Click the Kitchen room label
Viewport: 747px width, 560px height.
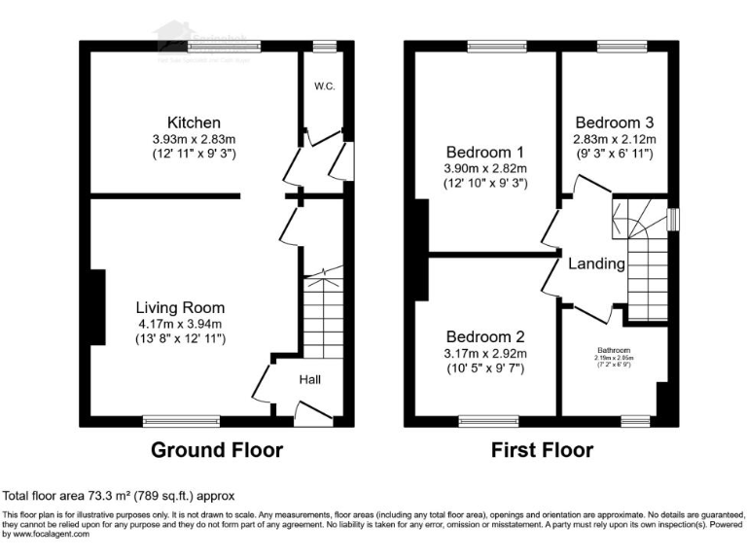pos(194,122)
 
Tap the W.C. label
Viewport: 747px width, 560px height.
pos(324,87)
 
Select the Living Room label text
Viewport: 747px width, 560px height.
pos(180,307)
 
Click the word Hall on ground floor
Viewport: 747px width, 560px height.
pos(310,379)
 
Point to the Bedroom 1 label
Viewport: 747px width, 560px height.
pos(485,152)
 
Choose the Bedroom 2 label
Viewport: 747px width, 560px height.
pos(485,336)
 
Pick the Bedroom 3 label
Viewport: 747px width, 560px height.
pos(614,122)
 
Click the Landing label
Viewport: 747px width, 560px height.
pos(596,263)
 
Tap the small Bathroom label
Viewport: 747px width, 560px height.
pos(614,350)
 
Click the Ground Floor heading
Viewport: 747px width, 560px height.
pos(217,450)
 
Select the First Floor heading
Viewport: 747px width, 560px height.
pos(541,450)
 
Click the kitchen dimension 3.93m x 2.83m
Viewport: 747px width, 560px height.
pos(194,139)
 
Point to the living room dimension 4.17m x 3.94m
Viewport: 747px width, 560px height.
pos(180,324)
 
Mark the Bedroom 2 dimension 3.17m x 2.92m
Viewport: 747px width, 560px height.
pos(485,353)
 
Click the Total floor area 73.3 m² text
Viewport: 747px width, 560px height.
pos(119,495)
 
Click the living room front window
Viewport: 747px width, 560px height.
pos(169,421)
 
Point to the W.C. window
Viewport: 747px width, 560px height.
pos(324,46)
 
